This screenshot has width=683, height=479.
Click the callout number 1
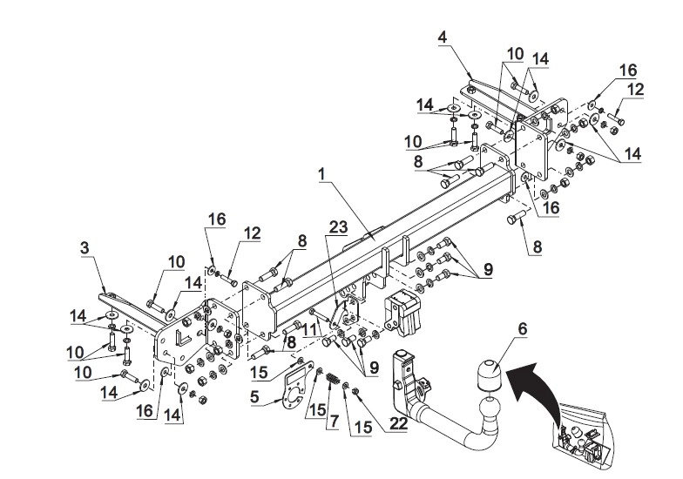321,174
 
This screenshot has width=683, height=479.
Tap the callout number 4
443,37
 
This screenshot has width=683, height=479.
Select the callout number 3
85,247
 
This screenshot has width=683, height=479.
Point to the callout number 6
522,329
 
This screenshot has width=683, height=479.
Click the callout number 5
254,396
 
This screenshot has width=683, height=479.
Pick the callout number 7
335,422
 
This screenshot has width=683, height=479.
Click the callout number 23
338,226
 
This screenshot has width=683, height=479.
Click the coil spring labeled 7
333,378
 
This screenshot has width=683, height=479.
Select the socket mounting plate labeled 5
298,385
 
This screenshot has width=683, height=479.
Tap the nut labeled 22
355,390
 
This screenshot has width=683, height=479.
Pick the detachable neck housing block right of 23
402,313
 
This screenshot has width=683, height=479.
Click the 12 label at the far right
636,89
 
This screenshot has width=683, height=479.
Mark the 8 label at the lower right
537,247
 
